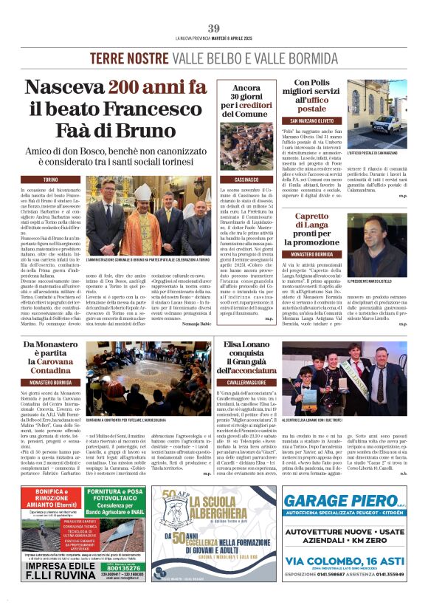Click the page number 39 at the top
(213, 28)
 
